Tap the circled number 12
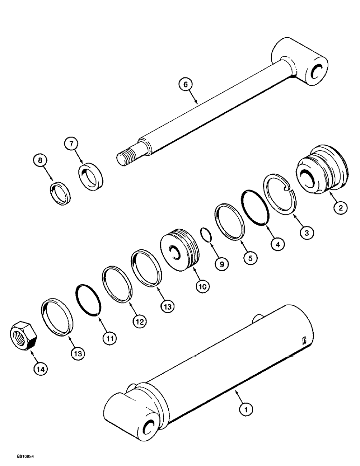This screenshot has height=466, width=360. tap(139, 321)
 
